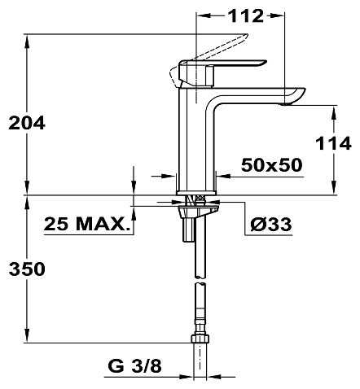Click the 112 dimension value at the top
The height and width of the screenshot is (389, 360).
(x=246, y=16)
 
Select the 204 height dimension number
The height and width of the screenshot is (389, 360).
(x=27, y=123)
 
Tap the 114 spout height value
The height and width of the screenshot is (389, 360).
(x=333, y=143)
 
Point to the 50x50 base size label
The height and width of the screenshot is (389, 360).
(x=271, y=165)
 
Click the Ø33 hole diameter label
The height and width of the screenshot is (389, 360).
(x=271, y=225)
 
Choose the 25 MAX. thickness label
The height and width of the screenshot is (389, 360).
(x=86, y=224)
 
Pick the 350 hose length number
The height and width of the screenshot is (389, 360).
(x=27, y=269)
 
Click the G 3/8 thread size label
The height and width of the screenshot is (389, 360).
(x=134, y=366)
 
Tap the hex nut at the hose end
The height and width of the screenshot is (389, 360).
(x=200, y=339)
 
